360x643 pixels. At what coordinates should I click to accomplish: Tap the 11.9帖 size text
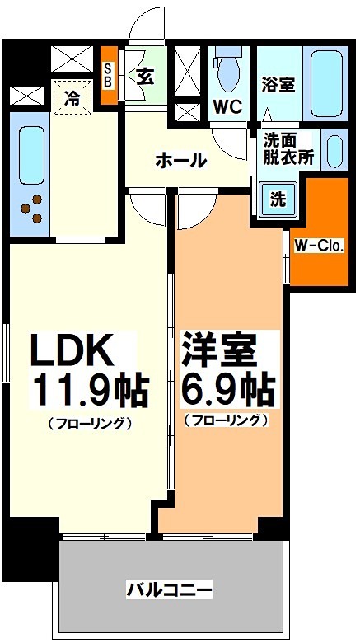90,390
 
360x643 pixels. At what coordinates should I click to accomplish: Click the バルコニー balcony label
170,589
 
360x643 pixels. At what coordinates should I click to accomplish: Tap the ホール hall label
180,160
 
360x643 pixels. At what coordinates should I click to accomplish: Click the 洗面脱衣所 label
289,148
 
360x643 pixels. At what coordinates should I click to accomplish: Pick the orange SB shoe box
108,76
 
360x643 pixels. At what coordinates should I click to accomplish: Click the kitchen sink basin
30,153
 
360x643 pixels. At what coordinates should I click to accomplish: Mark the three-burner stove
33,210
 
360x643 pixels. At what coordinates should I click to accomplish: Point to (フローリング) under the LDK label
90,423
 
